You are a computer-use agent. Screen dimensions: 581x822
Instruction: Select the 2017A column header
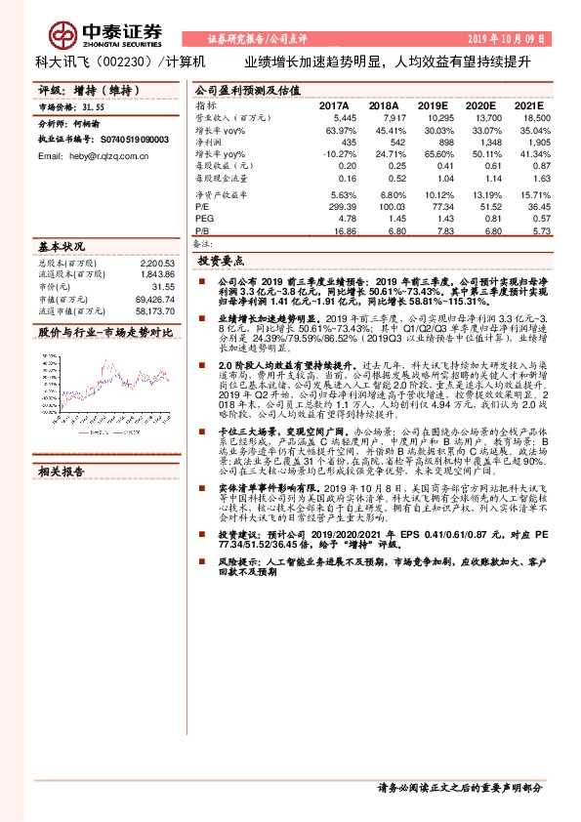(335, 105)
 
